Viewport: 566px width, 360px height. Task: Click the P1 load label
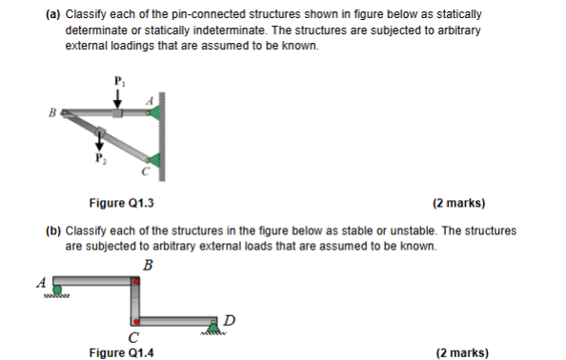pyautogui.click(x=118, y=79)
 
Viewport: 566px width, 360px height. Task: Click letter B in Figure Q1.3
pyautogui.click(x=55, y=112)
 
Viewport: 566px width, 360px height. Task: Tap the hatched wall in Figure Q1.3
pyautogui.click(x=163, y=134)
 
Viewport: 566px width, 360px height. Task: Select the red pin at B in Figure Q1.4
pyautogui.click(x=137, y=280)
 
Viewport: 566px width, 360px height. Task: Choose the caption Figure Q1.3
pyautogui.click(x=120, y=203)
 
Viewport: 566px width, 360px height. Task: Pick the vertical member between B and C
pyautogui.click(x=136, y=301)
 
